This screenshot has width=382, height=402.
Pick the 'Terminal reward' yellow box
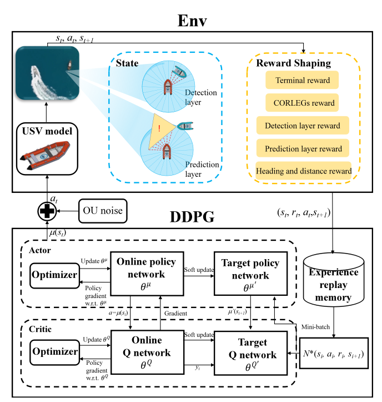tap(302, 80)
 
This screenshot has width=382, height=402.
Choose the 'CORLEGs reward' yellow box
tap(302, 103)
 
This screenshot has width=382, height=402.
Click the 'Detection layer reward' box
tap(303, 126)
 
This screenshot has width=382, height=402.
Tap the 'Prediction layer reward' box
tap(303, 148)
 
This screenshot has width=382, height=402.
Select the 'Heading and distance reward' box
tap(304, 171)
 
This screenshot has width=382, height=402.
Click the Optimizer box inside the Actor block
tap(55, 275)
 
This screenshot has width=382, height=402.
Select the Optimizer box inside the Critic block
tap(55, 351)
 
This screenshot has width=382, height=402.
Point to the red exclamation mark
tap(160, 129)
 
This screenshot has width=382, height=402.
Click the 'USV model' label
tap(46, 131)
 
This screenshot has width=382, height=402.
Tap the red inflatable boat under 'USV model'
tap(46, 156)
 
